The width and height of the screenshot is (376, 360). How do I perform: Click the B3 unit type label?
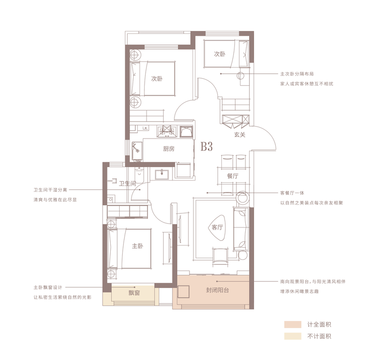click(x=207, y=146)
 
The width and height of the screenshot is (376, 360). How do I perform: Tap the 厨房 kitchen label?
click(x=169, y=149)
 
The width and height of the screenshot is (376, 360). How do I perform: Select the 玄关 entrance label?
click(x=240, y=135)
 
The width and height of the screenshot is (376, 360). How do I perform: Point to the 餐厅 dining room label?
click(x=232, y=176)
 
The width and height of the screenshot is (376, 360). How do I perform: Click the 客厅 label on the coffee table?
click(x=217, y=227)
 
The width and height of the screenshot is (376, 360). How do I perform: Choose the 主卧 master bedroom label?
click(x=138, y=246)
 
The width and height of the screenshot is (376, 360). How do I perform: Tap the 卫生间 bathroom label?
click(x=128, y=183)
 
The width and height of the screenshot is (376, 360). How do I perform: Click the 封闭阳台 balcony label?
click(x=217, y=290)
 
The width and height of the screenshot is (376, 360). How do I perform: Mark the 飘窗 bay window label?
click(x=134, y=293)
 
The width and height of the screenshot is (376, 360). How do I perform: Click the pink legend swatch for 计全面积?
click(x=293, y=325)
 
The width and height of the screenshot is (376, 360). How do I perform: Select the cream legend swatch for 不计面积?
click(x=293, y=336)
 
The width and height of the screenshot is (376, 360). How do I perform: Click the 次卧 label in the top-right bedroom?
click(x=219, y=54)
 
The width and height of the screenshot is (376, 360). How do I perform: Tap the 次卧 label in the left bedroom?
click(x=157, y=78)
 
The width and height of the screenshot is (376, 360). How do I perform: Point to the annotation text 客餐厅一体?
click(x=292, y=193)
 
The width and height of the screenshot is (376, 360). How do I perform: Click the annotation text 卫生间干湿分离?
click(x=50, y=190)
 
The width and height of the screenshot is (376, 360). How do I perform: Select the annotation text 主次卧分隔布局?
click(x=297, y=74)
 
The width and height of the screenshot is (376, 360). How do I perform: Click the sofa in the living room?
click(x=241, y=229)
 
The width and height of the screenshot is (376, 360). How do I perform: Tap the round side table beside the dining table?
click(x=243, y=198)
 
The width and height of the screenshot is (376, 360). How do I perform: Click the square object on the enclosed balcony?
click(x=184, y=292)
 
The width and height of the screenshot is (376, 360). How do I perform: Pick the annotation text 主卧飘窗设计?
click(x=48, y=287)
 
